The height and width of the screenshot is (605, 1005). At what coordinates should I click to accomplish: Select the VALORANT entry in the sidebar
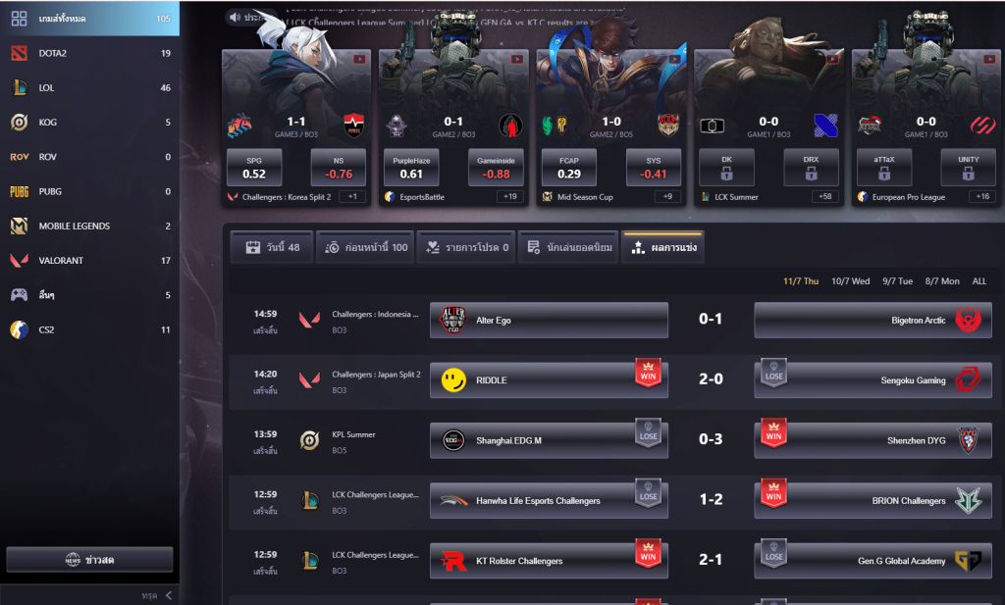[x=61, y=261]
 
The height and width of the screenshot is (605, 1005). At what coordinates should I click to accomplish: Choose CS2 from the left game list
[x=46, y=329]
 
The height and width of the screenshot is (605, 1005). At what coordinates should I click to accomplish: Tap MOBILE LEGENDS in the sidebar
[x=74, y=227]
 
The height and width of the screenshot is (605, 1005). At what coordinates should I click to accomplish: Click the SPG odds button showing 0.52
[x=254, y=167]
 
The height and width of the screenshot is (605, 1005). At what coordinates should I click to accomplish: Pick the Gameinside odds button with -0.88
[x=496, y=167]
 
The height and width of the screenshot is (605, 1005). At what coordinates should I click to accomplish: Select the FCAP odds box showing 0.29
[x=569, y=167]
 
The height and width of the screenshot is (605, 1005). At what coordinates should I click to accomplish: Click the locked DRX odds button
[x=810, y=167]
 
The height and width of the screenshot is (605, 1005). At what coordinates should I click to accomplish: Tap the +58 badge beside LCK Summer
[x=827, y=197]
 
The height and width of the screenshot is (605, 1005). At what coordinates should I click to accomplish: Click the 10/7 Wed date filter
[x=850, y=281]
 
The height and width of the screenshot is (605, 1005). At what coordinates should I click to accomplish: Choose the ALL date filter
[x=979, y=281]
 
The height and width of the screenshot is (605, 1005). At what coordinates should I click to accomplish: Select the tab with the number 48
[x=272, y=248]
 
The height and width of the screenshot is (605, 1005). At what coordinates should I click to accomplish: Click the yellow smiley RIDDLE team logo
[x=453, y=379]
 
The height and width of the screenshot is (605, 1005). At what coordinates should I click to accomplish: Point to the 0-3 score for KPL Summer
[x=711, y=440]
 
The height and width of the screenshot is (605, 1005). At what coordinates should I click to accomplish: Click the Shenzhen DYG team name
[x=916, y=440]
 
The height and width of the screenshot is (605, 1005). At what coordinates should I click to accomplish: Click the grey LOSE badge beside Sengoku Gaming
[x=774, y=373]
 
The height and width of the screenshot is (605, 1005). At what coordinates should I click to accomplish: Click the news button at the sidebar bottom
[x=89, y=560]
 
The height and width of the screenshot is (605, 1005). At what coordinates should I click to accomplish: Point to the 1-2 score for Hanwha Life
[x=711, y=500]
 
